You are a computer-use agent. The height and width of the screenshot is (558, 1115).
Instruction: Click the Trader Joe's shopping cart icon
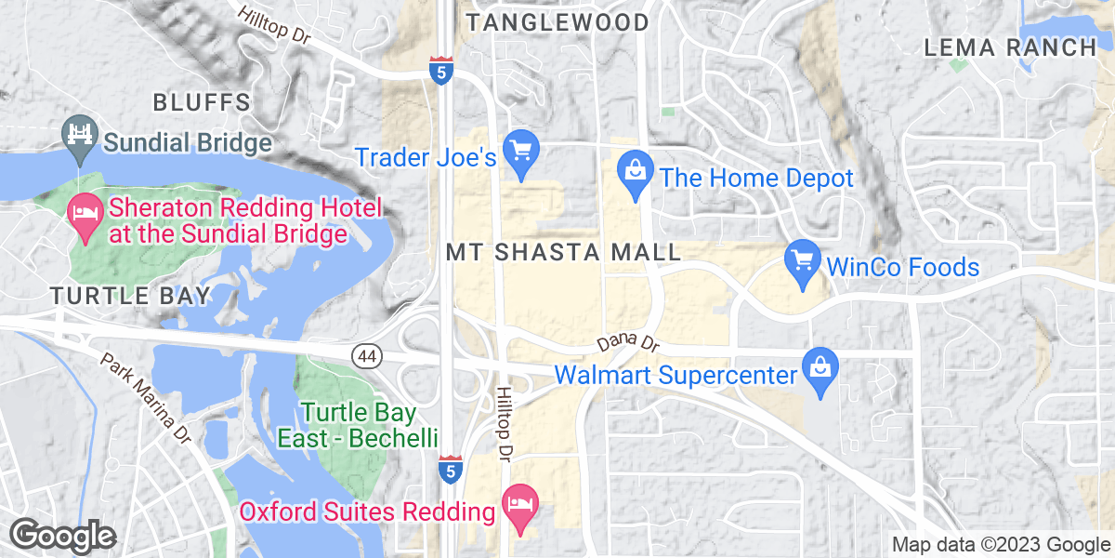point(521,151)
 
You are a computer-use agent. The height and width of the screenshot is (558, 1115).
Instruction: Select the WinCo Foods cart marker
point(802,260)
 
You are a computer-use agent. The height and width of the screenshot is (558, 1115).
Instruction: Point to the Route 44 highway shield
point(363,354)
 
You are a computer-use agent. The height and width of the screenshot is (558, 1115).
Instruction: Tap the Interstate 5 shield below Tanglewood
point(441,69)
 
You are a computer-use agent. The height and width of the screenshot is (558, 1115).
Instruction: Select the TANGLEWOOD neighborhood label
point(557,22)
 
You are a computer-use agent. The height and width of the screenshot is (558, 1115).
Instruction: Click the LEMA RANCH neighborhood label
point(1010,47)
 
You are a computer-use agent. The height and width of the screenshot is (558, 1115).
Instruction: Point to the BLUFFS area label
point(202,102)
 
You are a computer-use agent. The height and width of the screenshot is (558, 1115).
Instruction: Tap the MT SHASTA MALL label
point(564,252)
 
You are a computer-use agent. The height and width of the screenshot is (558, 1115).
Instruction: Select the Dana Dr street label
point(628,343)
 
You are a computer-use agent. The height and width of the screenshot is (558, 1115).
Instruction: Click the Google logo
point(62,537)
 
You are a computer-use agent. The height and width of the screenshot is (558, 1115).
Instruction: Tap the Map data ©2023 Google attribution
point(1001,545)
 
